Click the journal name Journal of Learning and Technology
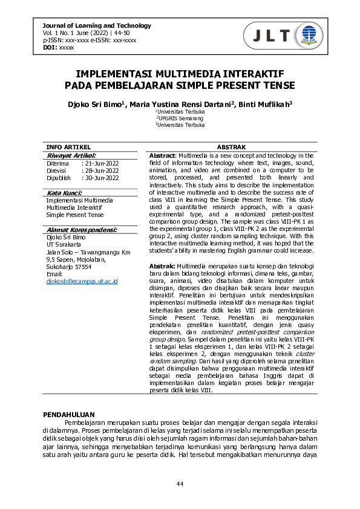pyautogui.click(x=97, y=25)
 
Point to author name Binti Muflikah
pyautogui.click(x=265, y=104)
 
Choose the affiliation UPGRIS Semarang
pyautogui.click(x=180, y=118)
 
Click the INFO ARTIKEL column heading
pyautogui.click(x=68, y=147)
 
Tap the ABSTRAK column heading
pyautogui.click(x=231, y=147)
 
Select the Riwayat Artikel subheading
pyautogui.click(x=71, y=155)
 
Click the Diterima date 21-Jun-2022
pyautogui.click(x=102, y=163)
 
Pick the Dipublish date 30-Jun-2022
pyautogui.click(x=102, y=178)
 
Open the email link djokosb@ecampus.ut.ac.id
pyautogui.click(x=82, y=281)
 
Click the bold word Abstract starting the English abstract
pyautogui.click(x=162, y=156)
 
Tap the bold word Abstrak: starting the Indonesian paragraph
pyautogui.click(x=162, y=267)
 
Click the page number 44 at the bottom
pyautogui.click(x=180, y=484)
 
